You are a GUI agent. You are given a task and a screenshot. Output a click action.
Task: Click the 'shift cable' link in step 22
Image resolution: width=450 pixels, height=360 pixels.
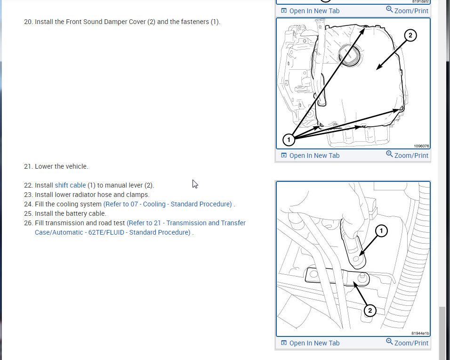point(70,185)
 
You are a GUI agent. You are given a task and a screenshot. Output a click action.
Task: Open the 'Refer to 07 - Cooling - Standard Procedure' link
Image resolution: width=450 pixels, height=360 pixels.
point(168,205)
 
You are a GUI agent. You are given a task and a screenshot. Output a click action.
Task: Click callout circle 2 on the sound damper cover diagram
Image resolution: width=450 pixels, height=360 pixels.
point(410,35)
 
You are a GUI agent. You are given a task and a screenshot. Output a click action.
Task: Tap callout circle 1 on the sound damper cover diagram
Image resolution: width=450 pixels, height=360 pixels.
point(289,140)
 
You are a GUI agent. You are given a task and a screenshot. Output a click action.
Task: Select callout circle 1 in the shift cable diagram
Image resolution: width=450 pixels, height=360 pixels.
point(381,231)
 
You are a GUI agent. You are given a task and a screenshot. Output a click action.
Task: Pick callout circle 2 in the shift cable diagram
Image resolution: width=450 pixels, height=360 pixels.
point(370,311)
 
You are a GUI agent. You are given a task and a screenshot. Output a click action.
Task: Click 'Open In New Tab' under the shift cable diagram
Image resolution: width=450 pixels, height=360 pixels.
point(310,343)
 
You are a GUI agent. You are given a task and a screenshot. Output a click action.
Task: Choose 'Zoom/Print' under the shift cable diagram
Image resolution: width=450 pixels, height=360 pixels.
point(407,343)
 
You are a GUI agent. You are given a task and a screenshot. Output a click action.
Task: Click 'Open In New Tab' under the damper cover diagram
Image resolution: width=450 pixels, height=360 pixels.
point(310,155)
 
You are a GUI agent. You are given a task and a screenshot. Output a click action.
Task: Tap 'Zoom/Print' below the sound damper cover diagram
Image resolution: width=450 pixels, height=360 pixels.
point(407,155)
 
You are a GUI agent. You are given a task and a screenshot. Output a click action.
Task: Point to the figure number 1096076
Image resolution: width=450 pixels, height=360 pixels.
point(421,146)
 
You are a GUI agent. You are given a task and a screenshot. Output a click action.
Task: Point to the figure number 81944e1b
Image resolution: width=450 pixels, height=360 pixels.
point(420,333)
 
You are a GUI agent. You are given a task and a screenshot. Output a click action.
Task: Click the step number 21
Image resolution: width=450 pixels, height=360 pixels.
point(28,167)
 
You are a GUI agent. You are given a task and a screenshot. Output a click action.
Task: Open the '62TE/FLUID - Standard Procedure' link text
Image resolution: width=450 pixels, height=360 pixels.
point(139,232)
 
